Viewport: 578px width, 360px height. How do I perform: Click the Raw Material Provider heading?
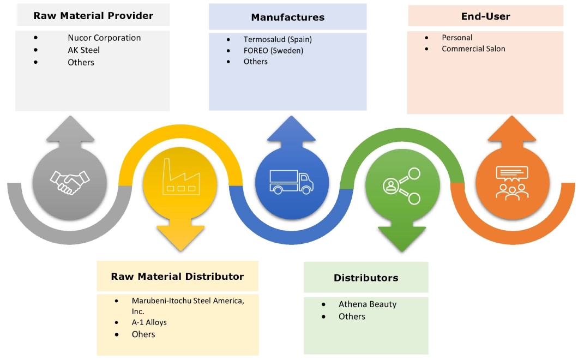(x=93, y=16)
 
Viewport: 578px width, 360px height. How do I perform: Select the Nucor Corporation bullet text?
(x=104, y=38)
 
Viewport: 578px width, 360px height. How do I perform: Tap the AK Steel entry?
(x=83, y=50)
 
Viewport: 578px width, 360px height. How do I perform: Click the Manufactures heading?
(x=287, y=17)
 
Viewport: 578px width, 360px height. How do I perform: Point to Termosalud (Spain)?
(x=278, y=40)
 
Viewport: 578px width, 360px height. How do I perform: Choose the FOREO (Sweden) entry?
(x=273, y=51)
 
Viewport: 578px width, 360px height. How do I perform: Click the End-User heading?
(x=485, y=16)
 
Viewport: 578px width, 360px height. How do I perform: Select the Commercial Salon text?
(x=473, y=49)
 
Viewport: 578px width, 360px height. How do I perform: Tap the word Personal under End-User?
(x=457, y=38)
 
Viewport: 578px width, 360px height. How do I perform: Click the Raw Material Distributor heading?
(x=177, y=277)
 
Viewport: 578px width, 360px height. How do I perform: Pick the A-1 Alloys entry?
(x=149, y=322)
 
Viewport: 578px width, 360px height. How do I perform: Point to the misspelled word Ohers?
(x=143, y=334)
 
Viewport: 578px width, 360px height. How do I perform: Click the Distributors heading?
(x=366, y=278)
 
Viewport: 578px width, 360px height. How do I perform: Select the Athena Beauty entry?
(x=368, y=304)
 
